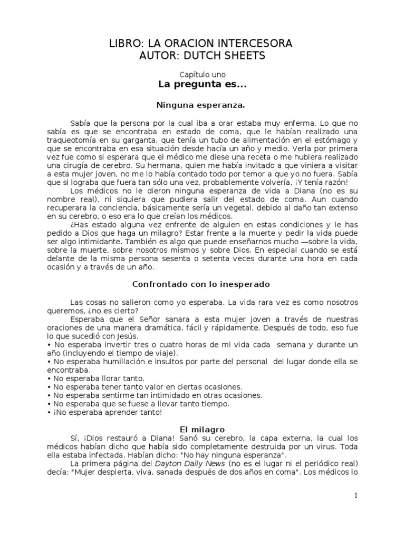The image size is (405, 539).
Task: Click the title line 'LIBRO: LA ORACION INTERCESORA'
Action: click(203, 43)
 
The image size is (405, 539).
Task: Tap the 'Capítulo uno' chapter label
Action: click(203, 75)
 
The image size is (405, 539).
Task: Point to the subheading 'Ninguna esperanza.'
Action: click(203, 105)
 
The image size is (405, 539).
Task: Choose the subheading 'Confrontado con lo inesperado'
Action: click(203, 284)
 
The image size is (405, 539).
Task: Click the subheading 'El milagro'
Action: click(203, 430)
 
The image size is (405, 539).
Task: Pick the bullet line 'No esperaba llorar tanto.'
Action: click(97, 378)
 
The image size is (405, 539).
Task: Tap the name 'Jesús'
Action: click(128, 336)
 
